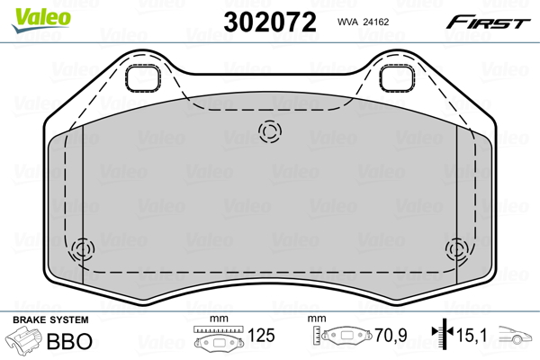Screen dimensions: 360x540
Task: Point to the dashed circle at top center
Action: click(x=269, y=132)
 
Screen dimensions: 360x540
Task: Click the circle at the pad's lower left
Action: click(x=84, y=248)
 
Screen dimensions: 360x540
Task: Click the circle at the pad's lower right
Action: click(x=456, y=248)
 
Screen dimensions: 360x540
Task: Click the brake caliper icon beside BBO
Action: click(x=24, y=343)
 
